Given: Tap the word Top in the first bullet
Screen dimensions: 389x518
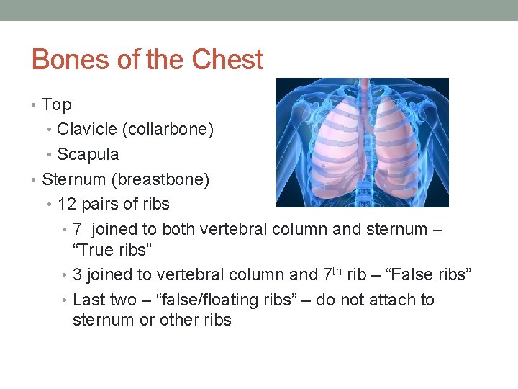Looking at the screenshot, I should pyautogui.click(x=57, y=105).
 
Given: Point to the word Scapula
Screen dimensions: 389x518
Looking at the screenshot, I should pyautogui.click(x=88, y=154).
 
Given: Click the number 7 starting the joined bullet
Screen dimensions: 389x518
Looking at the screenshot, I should pyautogui.click(x=78, y=229).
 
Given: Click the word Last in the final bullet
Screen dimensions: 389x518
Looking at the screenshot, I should pyautogui.click(x=89, y=300).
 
